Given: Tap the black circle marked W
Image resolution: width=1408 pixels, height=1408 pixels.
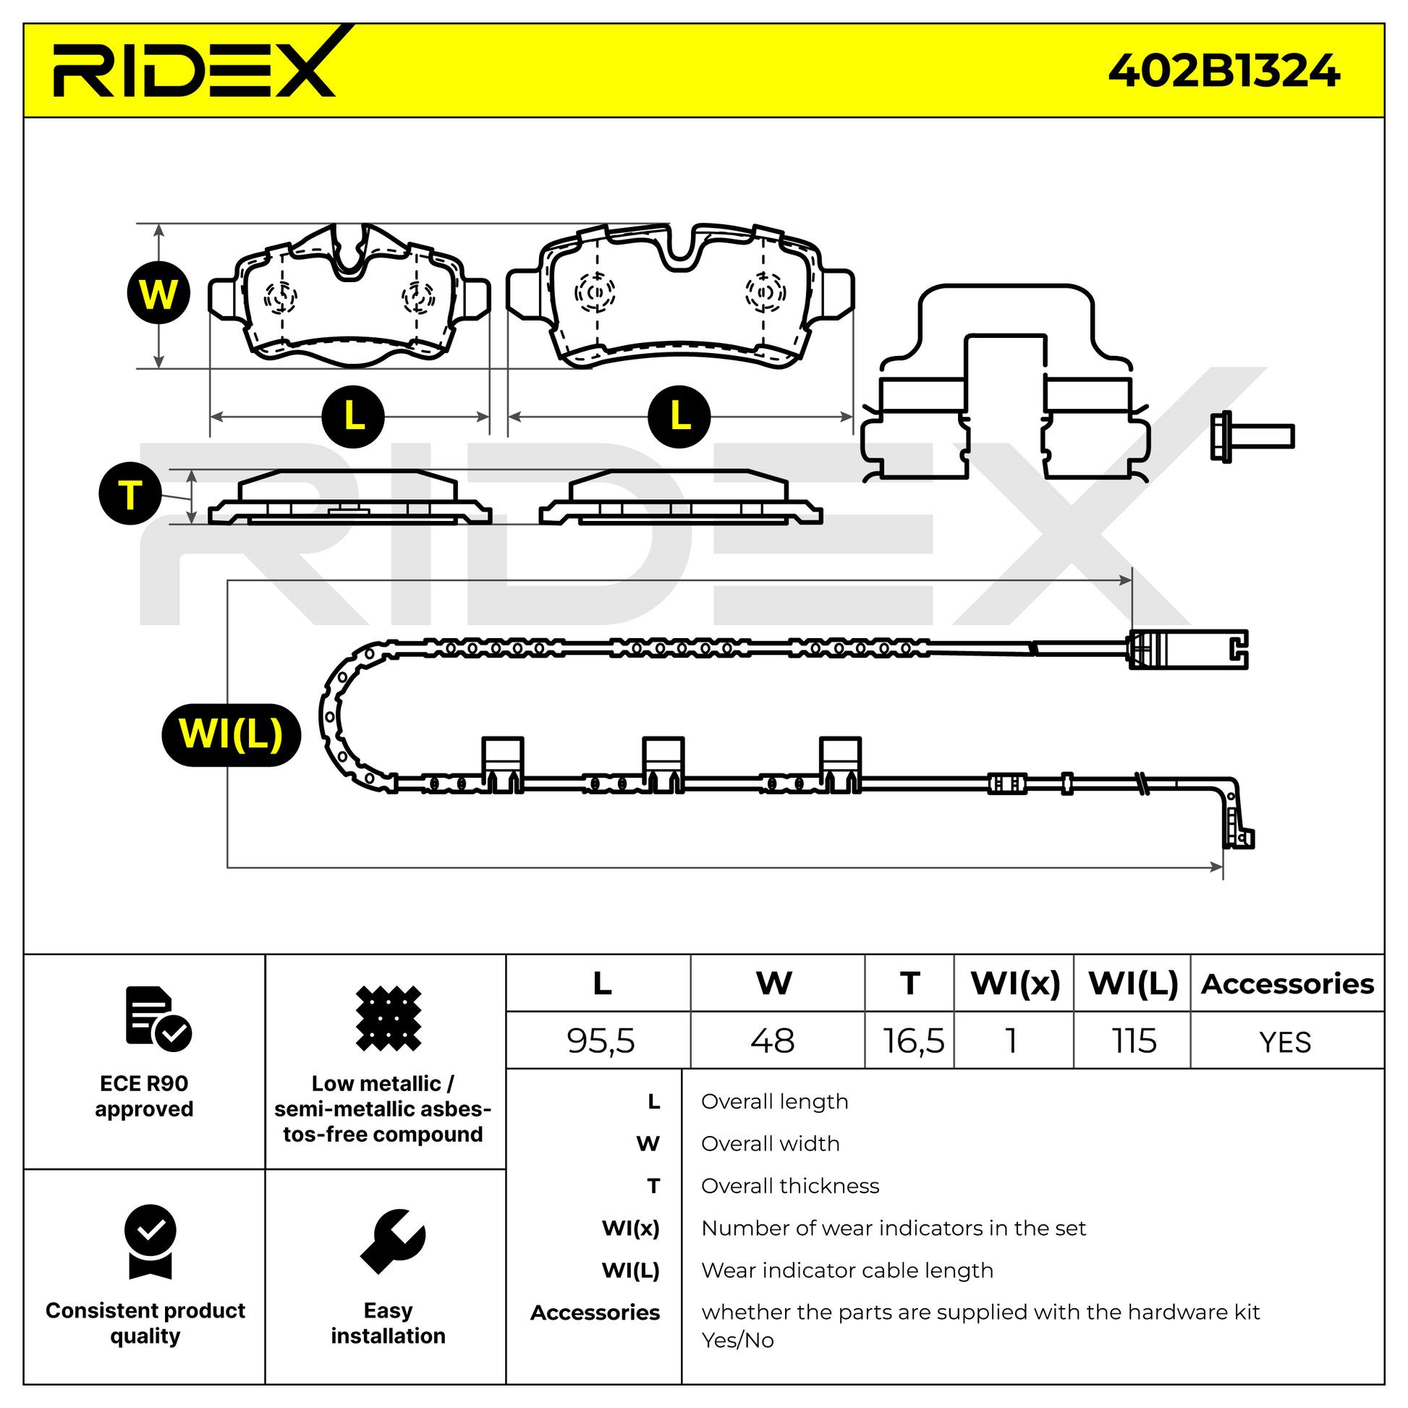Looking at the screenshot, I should pos(158,293).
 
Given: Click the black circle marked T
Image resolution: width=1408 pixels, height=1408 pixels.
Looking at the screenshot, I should pos(130,493).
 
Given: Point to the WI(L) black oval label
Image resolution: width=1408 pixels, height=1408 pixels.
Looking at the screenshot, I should pos(231,734).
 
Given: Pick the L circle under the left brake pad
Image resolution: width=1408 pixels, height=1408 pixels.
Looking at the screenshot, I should pos(354,416).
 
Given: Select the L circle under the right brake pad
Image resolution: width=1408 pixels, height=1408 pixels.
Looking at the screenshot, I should pos(679,416).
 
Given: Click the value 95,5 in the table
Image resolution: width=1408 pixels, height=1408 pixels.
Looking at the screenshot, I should pos(601,1040).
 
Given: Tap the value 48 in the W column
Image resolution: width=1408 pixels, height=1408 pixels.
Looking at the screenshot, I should pos(773,1040).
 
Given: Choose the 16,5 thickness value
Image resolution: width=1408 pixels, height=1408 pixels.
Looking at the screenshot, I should pos(912,1040).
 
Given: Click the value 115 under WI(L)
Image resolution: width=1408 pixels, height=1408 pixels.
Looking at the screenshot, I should pos(1133,1040).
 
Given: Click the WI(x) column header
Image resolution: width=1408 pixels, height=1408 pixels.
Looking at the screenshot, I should pos(1015,984).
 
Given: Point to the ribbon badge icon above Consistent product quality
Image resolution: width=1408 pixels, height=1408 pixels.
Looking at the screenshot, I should pos(150,1241).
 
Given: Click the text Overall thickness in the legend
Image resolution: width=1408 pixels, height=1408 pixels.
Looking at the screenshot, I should pos(790,1186).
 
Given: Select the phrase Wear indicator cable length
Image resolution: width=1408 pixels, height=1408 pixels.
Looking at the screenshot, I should pos(847,1271).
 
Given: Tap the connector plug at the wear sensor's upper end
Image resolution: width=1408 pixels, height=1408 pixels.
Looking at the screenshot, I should pos(1188,648).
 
